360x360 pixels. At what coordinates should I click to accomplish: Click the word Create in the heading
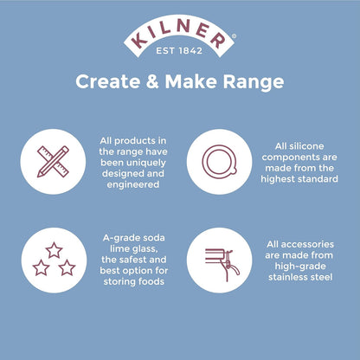coord(103,83)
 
